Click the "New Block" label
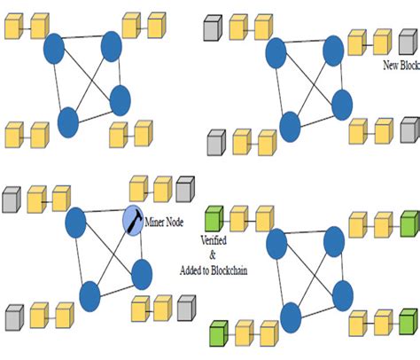pyautogui.click(x=400, y=66)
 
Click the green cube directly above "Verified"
pyautogui.click(x=213, y=218)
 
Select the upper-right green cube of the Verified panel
pyautogui.click(x=408, y=222)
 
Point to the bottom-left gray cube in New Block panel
pyautogui.click(x=215, y=142)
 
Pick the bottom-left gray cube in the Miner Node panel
pyautogui.click(x=13, y=315)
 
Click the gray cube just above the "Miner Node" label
pyautogui.click(x=184, y=188)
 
